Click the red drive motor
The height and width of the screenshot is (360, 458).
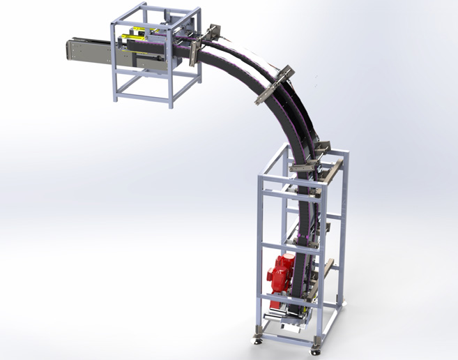point(282,273)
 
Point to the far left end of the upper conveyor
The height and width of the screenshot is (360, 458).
point(70,52)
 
